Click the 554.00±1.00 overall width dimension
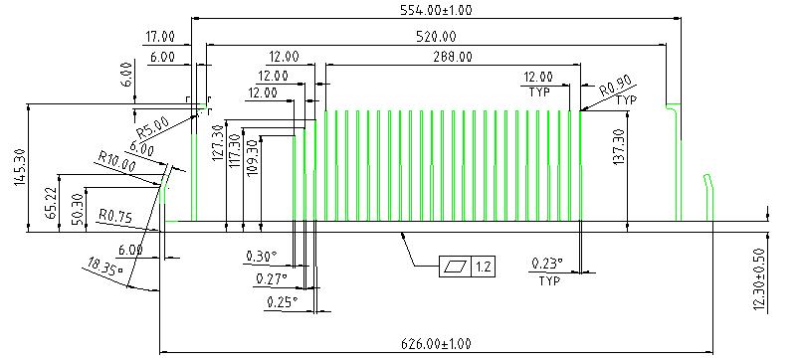[436, 9]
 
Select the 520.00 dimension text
[436, 36]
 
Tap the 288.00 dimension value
[452, 56]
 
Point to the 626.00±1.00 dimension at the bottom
[436, 344]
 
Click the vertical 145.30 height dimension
[21, 167]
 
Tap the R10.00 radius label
[117, 165]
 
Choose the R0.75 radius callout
[115, 217]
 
